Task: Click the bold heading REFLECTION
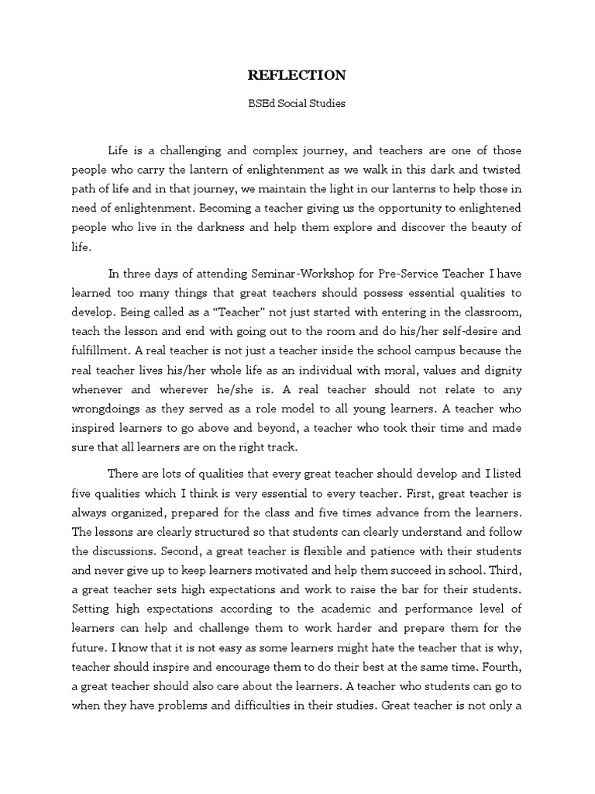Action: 297,75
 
